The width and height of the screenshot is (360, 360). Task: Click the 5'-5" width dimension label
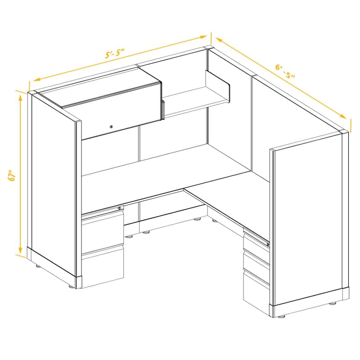point(115,53)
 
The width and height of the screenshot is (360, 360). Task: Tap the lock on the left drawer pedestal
point(120,207)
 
